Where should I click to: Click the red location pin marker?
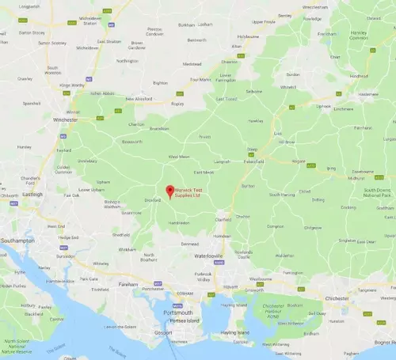click(167, 190)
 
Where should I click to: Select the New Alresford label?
click(139, 99)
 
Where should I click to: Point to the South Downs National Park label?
click(379, 195)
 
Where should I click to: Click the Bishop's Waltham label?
click(112, 203)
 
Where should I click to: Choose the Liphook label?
click(323, 106)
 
